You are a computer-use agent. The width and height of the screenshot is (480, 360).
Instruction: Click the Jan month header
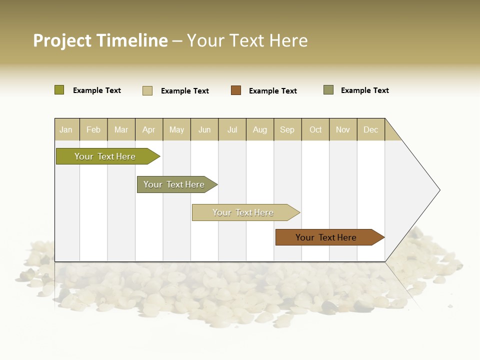(x=66, y=129)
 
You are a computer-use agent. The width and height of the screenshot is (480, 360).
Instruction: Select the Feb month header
(x=93, y=129)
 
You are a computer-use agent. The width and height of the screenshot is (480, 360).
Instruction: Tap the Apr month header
(x=149, y=129)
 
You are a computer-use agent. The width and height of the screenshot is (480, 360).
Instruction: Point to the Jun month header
(x=204, y=129)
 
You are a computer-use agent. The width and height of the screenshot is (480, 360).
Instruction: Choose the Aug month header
(x=260, y=129)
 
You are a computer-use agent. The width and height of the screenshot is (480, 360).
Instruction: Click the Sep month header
(x=287, y=129)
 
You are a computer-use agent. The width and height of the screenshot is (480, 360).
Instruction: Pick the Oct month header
(x=315, y=129)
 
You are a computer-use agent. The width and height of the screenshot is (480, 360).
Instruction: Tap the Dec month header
(x=371, y=129)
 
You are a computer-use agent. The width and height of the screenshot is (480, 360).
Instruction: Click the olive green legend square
(x=59, y=90)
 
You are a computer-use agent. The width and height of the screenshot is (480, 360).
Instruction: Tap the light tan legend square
(x=147, y=90)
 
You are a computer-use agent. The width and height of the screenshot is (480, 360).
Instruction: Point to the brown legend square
(x=236, y=90)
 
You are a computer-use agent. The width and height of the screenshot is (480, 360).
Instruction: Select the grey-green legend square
(x=328, y=90)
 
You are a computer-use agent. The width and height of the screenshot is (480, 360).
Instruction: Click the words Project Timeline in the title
(x=100, y=40)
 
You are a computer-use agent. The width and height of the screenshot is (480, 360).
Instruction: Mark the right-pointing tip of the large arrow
(x=438, y=190)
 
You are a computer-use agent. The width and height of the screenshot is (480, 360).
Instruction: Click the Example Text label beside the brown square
(x=273, y=91)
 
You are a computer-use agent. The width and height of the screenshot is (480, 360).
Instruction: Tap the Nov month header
(x=343, y=129)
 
